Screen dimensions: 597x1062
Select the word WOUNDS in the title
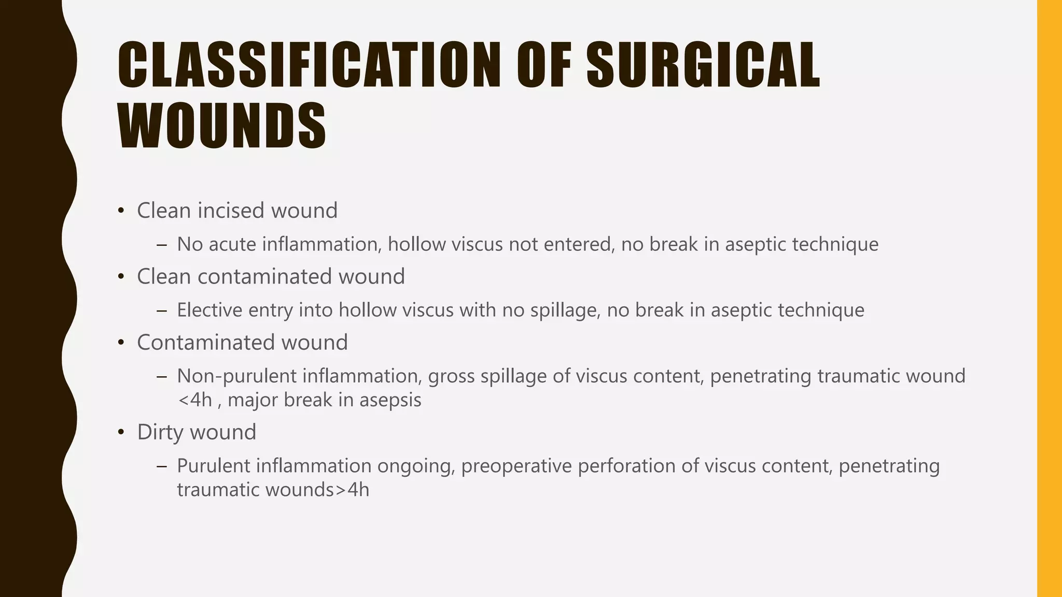[x=222, y=125]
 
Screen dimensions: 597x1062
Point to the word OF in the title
[x=544, y=65]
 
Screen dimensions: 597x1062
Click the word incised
[x=231, y=210]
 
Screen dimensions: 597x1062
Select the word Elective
[x=209, y=310]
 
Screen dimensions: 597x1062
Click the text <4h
[x=194, y=400]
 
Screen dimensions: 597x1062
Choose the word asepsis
[x=390, y=400]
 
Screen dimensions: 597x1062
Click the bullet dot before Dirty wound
[x=121, y=432]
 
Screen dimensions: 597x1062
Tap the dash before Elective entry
[x=162, y=310]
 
